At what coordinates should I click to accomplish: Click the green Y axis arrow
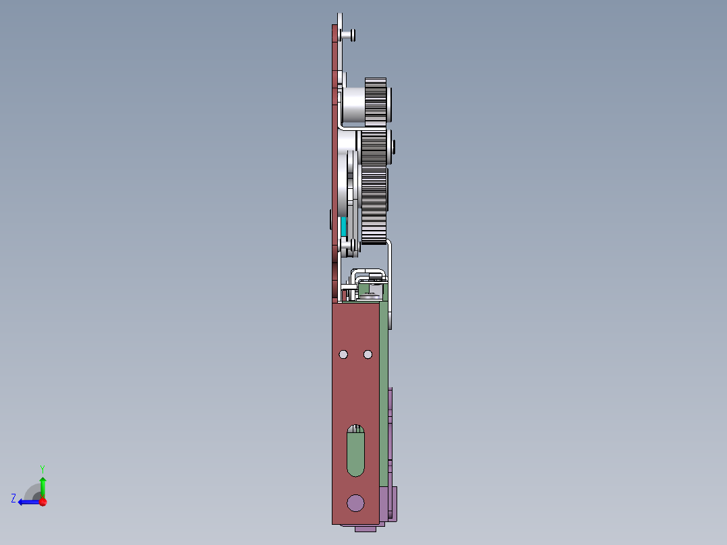coord(42,485)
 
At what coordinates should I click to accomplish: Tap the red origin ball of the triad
coord(42,502)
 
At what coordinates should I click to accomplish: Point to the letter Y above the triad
coord(42,468)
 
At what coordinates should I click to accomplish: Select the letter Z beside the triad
coord(13,498)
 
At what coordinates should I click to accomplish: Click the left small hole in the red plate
coord(343,354)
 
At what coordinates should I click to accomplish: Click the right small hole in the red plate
coord(368,354)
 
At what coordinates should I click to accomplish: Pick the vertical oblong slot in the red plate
coord(355,451)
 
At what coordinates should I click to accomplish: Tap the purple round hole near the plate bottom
coord(355,502)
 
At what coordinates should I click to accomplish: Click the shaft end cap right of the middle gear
coord(393,147)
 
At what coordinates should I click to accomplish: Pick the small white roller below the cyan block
coord(349,247)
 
